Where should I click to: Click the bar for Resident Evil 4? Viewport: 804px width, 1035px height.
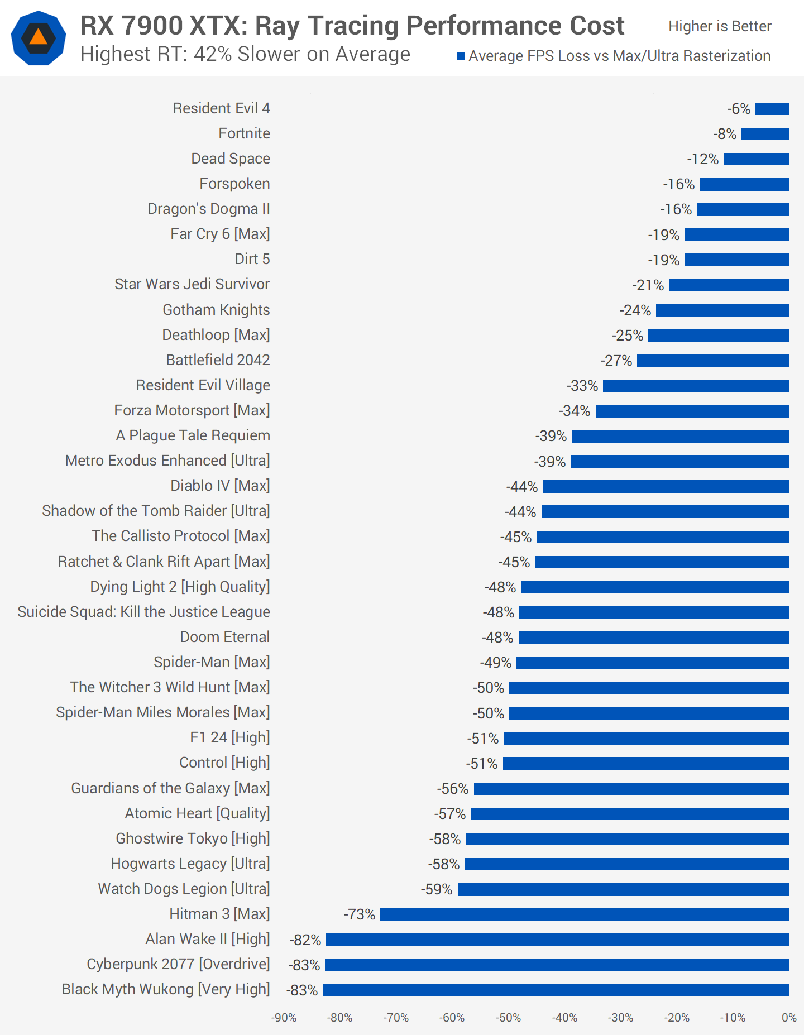(772, 109)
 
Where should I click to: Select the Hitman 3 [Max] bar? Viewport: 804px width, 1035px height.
(584, 914)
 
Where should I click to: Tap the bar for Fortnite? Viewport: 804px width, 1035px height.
(765, 134)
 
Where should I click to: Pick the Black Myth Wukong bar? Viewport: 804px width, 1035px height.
(556, 990)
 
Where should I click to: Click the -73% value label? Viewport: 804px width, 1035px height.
(360, 914)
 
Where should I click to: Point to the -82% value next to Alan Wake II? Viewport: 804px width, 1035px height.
(305, 940)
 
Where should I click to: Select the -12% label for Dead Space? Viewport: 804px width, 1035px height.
(702, 160)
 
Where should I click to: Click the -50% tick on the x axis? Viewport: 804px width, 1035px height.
(508, 1018)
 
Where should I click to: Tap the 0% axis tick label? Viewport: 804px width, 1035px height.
(788, 1018)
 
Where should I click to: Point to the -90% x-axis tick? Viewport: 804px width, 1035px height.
(284, 1018)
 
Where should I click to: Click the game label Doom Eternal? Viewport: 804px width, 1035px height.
(224, 637)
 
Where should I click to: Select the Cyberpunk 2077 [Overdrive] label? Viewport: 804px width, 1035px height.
(178, 964)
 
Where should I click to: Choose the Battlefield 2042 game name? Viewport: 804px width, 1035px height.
(218, 360)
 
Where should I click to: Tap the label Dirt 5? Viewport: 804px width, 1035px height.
(252, 259)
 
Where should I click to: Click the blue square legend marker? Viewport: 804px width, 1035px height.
(461, 56)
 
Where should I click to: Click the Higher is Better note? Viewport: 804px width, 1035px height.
(720, 26)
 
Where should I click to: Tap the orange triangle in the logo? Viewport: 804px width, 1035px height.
(38, 37)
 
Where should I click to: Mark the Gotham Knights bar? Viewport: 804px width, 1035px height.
(722, 310)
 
